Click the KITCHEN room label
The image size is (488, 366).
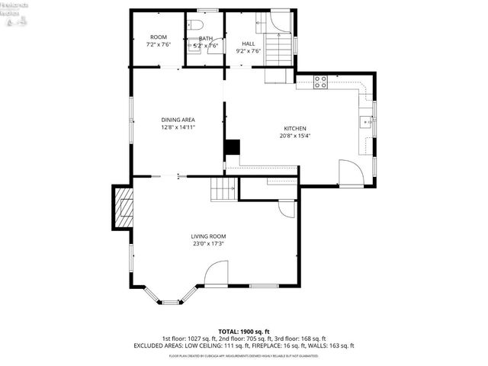pyautogui.click(x=295, y=128)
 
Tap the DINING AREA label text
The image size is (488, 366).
pyautogui.click(x=178, y=120)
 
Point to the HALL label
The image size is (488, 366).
pyautogui.click(x=248, y=44)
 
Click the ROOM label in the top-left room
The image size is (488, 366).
pyautogui.click(x=158, y=37)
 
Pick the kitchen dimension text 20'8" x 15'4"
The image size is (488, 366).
pyautogui.click(x=295, y=136)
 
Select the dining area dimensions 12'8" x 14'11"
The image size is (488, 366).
pyautogui.click(x=178, y=128)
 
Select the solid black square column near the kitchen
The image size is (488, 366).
pyautogui.click(x=232, y=147)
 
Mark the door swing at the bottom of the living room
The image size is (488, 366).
pyautogui.click(x=215, y=274)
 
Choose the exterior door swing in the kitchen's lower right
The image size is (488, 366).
pyautogui.click(x=351, y=173)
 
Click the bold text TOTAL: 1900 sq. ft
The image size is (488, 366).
pyautogui.click(x=244, y=332)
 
